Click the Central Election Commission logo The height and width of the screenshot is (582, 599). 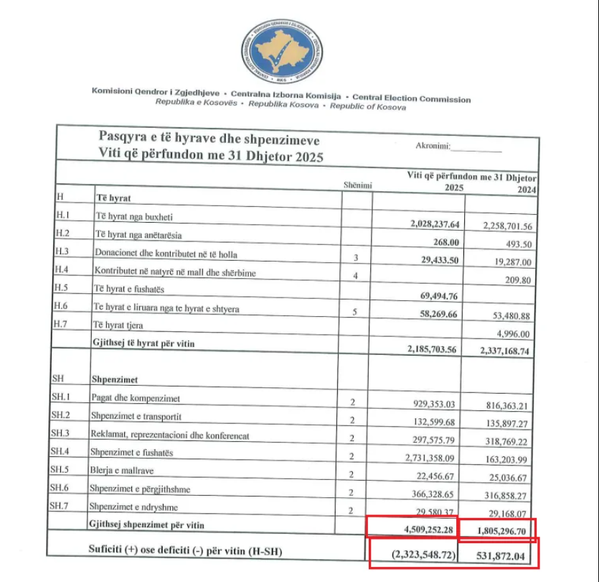(x=281, y=50)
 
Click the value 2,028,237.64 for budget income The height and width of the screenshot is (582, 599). (x=427, y=223)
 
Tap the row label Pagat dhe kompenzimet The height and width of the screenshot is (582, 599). (x=135, y=398)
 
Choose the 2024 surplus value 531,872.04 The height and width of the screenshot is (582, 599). (x=503, y=556)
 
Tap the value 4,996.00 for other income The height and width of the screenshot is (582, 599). (x=512, y=334)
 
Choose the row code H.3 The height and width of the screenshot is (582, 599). (x=62, y=252)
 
